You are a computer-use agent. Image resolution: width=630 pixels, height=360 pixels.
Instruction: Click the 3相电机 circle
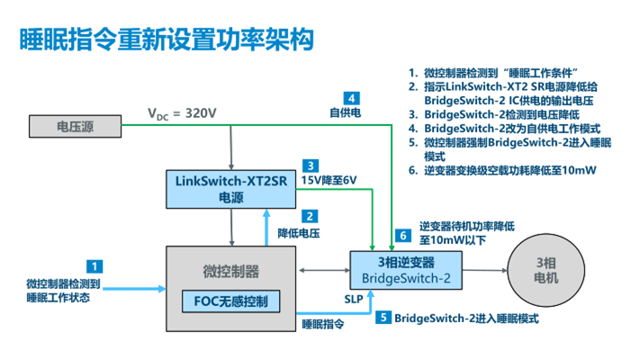coord(546,270)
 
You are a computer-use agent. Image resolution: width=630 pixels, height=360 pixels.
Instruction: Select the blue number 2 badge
coord(309,216)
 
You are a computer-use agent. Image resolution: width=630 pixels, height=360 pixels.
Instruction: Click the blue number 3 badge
coord(309,166)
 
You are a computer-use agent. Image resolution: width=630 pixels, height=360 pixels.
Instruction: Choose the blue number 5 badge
coord(383,318)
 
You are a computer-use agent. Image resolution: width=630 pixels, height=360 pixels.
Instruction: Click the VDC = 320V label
coord(183,113)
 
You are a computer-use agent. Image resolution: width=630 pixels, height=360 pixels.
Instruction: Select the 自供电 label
coord(346,114)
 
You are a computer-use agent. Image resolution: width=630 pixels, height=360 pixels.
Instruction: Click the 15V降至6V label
coord(328,181)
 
